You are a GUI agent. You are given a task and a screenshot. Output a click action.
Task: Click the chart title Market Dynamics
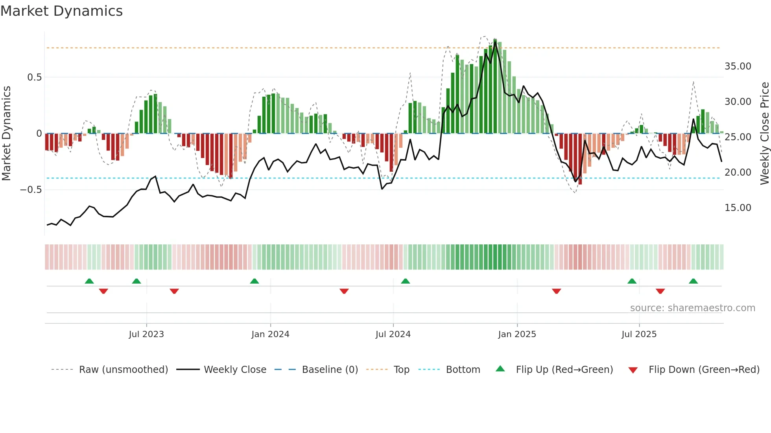pyautogui.click(x=61, y=11)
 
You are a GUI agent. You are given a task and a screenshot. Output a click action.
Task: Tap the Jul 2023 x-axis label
pyautogui.click(x=146, y=334)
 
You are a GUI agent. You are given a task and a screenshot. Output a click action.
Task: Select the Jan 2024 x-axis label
pyautogui.click(x=270, y=334)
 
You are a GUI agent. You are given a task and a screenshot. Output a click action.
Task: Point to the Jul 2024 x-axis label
pyautogui.click(x=393, y=334)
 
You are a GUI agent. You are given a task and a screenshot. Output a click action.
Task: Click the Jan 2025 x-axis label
pyautogui.click(x=517, y=334)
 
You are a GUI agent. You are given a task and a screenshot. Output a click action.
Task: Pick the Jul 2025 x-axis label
pyautogui.click(x=639, y=334)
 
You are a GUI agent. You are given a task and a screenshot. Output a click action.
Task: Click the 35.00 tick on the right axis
pyautogui.click(x=738, y=66)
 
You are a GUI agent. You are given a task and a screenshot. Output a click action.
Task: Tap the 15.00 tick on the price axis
pyautogui.click(x=738, y=208)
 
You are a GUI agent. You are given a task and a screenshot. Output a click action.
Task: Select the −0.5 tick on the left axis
pyautogui.click(x=31, y=190)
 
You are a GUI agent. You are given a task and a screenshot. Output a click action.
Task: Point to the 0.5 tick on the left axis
pyautogui.click(x=34, y=77)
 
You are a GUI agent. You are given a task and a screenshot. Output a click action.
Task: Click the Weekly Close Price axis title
pyautogui.click(x=764, y=134)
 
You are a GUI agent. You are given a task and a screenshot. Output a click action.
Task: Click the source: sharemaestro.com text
pyautogui.click(x=692, y=308)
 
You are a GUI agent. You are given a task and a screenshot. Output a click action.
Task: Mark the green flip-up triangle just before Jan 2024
pyautogui.click(x=255, y=281)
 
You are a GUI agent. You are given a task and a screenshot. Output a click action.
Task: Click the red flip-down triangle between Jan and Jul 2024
pyautogui.click(x=344, y=291)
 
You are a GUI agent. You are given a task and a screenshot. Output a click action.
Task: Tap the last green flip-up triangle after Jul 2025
pyautogui.click(x=694, y=281)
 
